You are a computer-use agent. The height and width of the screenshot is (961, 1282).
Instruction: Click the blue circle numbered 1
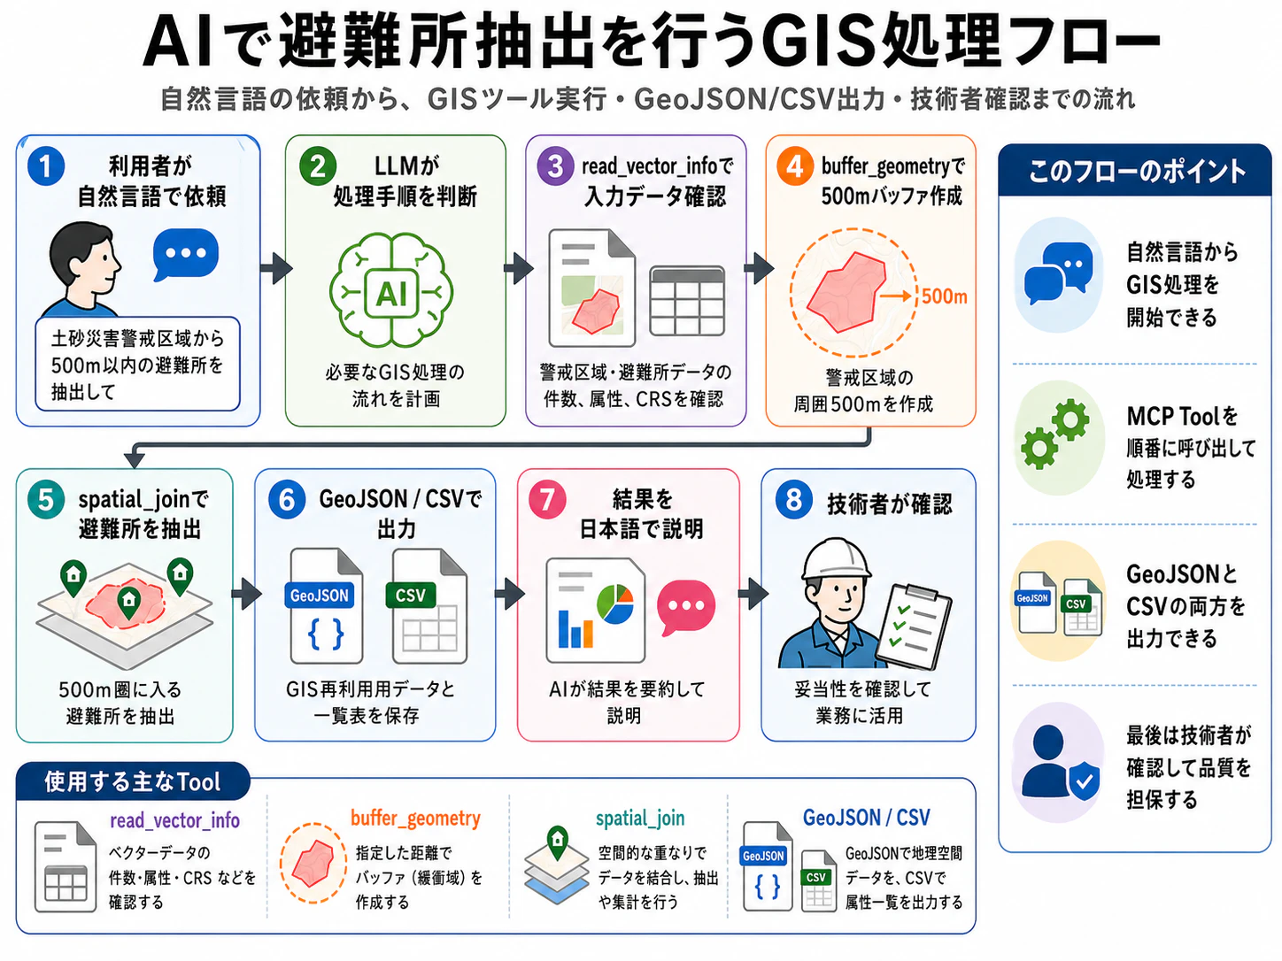tap(46, 167)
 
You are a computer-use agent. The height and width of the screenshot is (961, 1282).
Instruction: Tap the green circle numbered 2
tap(317, 167)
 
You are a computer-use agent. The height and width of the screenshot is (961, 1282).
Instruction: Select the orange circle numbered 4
tap(794, 167)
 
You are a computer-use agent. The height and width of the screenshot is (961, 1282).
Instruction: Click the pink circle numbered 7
tap(547, 499)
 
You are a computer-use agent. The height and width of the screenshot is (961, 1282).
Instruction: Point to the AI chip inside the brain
tap(391, 294)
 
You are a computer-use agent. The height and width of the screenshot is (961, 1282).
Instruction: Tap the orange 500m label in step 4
tap(944, 296)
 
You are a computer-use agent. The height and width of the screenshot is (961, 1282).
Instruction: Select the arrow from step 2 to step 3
tap(519, 269)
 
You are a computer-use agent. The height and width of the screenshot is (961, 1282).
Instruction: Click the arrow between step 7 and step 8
tap(753, 594)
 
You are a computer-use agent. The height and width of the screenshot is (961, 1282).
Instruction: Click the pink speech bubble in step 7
tap(686, 607)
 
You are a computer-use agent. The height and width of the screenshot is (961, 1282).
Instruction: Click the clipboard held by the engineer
tap(912, 627)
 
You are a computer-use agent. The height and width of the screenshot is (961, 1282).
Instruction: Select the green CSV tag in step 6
tap(411, 596)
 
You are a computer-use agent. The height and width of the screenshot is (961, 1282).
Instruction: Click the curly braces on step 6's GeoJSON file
tap(325, 634)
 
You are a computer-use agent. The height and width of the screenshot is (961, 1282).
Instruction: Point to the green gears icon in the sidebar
tap(1054, 434)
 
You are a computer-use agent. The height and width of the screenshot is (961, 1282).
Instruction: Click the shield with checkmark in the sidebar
tap(1085, 780)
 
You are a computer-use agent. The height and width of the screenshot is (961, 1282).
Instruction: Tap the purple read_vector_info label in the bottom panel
tap(174, 820)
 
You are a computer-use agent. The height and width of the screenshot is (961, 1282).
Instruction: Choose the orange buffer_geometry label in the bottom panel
tap(415, 819)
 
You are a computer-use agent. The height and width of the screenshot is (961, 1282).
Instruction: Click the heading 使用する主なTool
tap(132, 781)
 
